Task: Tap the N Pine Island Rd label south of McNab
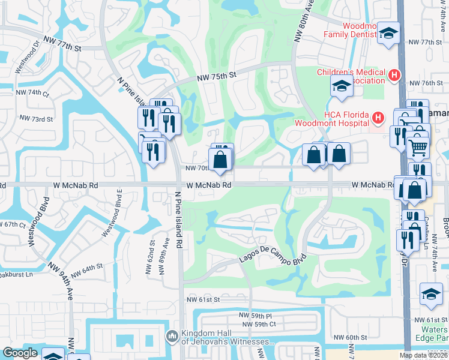tap(178, 220)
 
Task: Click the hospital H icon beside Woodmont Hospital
tap(378, 118)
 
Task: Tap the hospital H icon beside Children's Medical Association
tap(394, 76)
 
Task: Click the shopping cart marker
tap(418, 146)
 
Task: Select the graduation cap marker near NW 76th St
tap(342, 86)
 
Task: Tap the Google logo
tap(20, 353)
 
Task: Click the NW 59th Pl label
tap(255, 315)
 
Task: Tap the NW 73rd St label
tap(36, 119)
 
